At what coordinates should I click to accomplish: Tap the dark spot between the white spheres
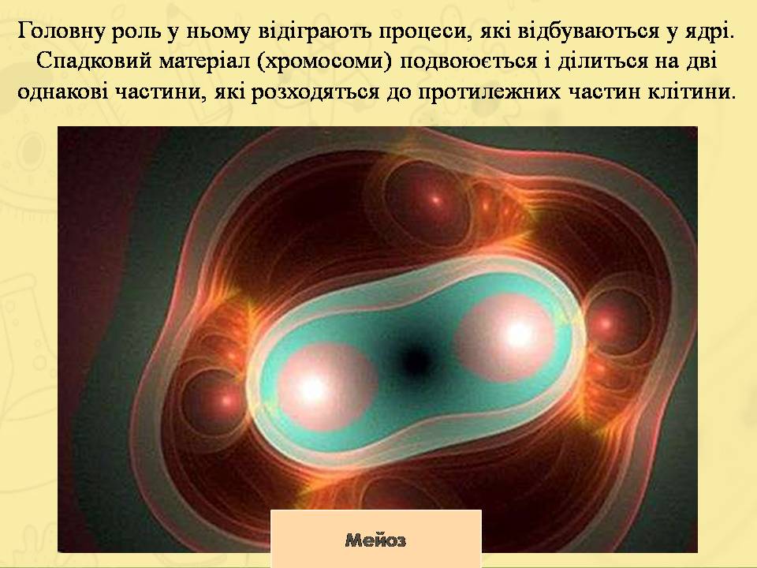pos(412,360)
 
